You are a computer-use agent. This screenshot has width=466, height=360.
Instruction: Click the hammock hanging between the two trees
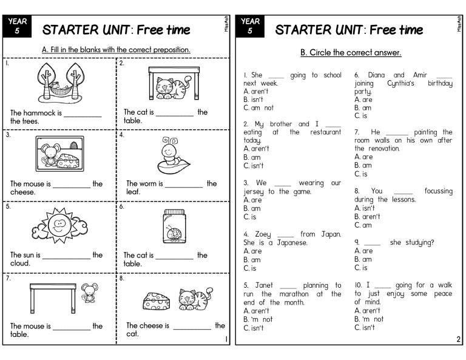(x=61, y=88)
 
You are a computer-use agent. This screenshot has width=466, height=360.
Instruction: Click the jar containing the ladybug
(x=175, y=226)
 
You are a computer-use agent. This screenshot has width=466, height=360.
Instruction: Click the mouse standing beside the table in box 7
(x=89, y=293)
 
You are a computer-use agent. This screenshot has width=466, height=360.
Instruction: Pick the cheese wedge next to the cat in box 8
(x=157, y=301)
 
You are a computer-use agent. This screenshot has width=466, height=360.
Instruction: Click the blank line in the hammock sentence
(x=83, y=116)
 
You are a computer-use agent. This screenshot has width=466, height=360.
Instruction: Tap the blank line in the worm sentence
(x=184, y=187)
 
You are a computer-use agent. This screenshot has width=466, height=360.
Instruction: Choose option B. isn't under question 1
(x=253, y=100)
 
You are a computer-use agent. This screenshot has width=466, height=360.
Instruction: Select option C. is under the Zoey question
(x=249, y=268)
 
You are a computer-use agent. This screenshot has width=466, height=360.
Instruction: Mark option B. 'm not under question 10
(x=369, y=319)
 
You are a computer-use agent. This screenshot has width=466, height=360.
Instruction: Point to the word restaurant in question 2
(x=325, y=132)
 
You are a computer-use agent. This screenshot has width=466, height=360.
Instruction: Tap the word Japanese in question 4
(x=292, y=243)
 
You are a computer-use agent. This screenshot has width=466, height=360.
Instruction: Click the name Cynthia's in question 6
(x=400, y=83)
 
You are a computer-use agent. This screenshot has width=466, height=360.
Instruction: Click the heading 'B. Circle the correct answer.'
(x=351, y=53)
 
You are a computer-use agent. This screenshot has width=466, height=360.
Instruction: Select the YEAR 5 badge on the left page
(x=17, y=26)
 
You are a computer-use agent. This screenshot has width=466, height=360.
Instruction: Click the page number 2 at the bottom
(x=458, y=339)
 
